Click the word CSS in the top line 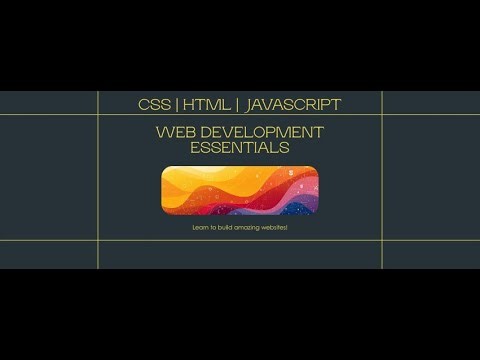(152, 104)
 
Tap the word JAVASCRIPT (292, 104)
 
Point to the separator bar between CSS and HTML (177, 104)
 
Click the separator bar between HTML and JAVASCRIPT (237, 104)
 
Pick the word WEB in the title (174, 131)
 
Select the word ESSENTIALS (240, 148)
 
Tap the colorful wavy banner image (240, 190)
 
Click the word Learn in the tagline (199, 228)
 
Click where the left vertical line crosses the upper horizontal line (98, 115)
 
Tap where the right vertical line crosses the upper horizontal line (382, 115)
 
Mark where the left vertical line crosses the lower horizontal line (98, 241)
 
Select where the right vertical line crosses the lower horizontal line (382, 241)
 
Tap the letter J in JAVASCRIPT (248, 104)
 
